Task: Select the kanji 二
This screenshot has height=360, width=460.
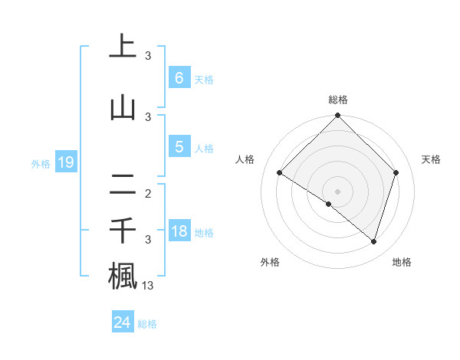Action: pos(123,185)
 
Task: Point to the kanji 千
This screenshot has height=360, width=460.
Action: pos(123,231)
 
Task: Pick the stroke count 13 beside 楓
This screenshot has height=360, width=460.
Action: pos(148,286)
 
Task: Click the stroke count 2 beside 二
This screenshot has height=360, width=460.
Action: pos(148,194)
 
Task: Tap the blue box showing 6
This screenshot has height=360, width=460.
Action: pos(179,78)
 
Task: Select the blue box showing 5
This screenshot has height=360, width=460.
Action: pos(179,147)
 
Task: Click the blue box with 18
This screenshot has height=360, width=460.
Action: pos(179,231)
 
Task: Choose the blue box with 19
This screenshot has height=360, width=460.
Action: pos(65,162)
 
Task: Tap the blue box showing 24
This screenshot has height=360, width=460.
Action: pos(122,322)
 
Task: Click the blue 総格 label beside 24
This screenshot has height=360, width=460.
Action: pos(147,324)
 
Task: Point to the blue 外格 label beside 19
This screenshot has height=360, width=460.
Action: pos(41,163)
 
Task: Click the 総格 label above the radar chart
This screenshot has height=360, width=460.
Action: pos(338,100)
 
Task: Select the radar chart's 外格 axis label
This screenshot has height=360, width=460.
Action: pos(270,262)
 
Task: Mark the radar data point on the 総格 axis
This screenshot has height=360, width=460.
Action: pos(338,116)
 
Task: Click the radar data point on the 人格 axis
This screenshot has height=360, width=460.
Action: pos(280,173)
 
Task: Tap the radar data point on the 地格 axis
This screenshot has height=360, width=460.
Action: pos(373,241)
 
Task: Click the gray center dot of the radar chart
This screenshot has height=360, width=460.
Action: pos(338,191)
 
